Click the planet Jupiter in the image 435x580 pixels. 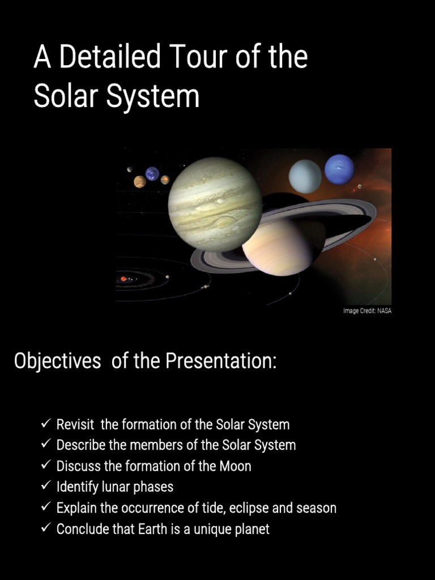(215, 204)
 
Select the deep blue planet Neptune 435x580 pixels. (339, 169)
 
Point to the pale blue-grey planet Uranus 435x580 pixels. (305, 176)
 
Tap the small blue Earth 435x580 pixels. (152, 173)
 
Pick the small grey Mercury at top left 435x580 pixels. (130, 169)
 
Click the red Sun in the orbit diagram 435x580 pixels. (123, 278)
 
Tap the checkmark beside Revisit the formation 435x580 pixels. (46, 424)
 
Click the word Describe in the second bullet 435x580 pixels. (81, 445)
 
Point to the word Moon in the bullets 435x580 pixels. (237, 466)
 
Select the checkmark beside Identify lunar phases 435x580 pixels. (46, 486)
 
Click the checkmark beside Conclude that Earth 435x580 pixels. (46, 528)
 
